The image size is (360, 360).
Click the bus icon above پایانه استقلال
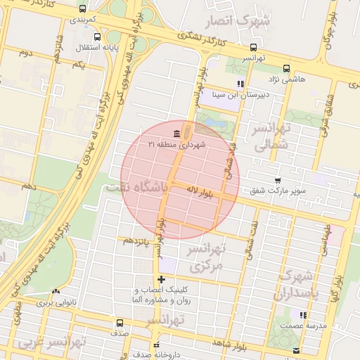pos(97,37)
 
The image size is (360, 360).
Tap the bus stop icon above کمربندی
pos(84,9)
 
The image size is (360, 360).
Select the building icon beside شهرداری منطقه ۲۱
pos(175,134)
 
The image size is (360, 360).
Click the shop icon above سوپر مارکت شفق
pos(278,181)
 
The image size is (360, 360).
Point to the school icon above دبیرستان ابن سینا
pos(241,83)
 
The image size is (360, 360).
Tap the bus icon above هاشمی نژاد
pos(286,69)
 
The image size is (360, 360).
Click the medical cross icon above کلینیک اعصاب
pos(161,280)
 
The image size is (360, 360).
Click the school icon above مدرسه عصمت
pos(304,315)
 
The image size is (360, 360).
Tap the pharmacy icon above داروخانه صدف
pos(157,345)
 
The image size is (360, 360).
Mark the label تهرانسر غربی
pos(53,343)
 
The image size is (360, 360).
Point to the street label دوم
pos(26,53)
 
